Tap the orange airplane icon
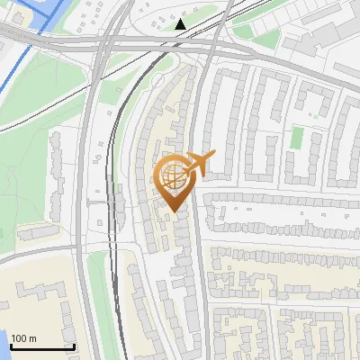coord(198,164)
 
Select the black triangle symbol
coord(181,24)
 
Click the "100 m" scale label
coord(24,337)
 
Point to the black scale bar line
coord(41,346)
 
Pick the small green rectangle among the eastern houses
coord(297,138)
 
